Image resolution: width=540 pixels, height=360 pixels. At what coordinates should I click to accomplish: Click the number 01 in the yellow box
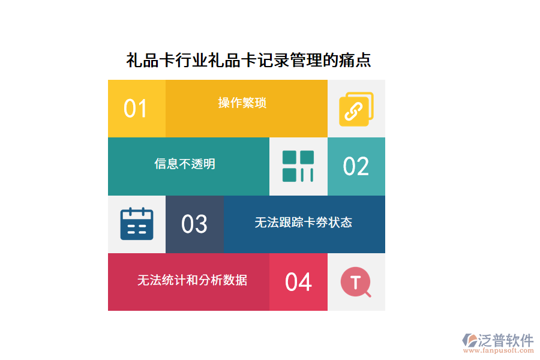pos(136,109)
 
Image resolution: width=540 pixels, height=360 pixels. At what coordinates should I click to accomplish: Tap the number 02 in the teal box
pos(356,166)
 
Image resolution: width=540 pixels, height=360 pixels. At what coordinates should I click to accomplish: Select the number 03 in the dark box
pos(194,224)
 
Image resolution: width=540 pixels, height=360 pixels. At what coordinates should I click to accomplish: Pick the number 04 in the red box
pos(298,282)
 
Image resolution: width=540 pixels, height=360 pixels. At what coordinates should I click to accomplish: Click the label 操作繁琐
pos(242,103)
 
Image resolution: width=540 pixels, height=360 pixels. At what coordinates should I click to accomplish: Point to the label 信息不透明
pos(185,164)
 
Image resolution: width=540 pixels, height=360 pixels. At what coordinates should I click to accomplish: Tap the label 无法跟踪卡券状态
pos(303,223)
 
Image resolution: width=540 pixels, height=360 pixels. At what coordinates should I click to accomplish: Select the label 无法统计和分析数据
pos(192,280)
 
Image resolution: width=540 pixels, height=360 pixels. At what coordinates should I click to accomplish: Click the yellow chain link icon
pos(356,109)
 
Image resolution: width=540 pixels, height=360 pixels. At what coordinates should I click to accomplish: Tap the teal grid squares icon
pos(298,166)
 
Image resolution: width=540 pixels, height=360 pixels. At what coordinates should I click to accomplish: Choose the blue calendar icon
pos(137,224)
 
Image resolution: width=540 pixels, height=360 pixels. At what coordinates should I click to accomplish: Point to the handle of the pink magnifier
pos(368,294)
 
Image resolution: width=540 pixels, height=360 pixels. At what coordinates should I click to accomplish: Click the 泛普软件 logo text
pos(506,340)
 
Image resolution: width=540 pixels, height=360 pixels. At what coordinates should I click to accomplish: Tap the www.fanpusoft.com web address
pos(497,351)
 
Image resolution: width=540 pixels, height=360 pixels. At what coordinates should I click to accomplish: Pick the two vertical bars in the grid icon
pos(307,175)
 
